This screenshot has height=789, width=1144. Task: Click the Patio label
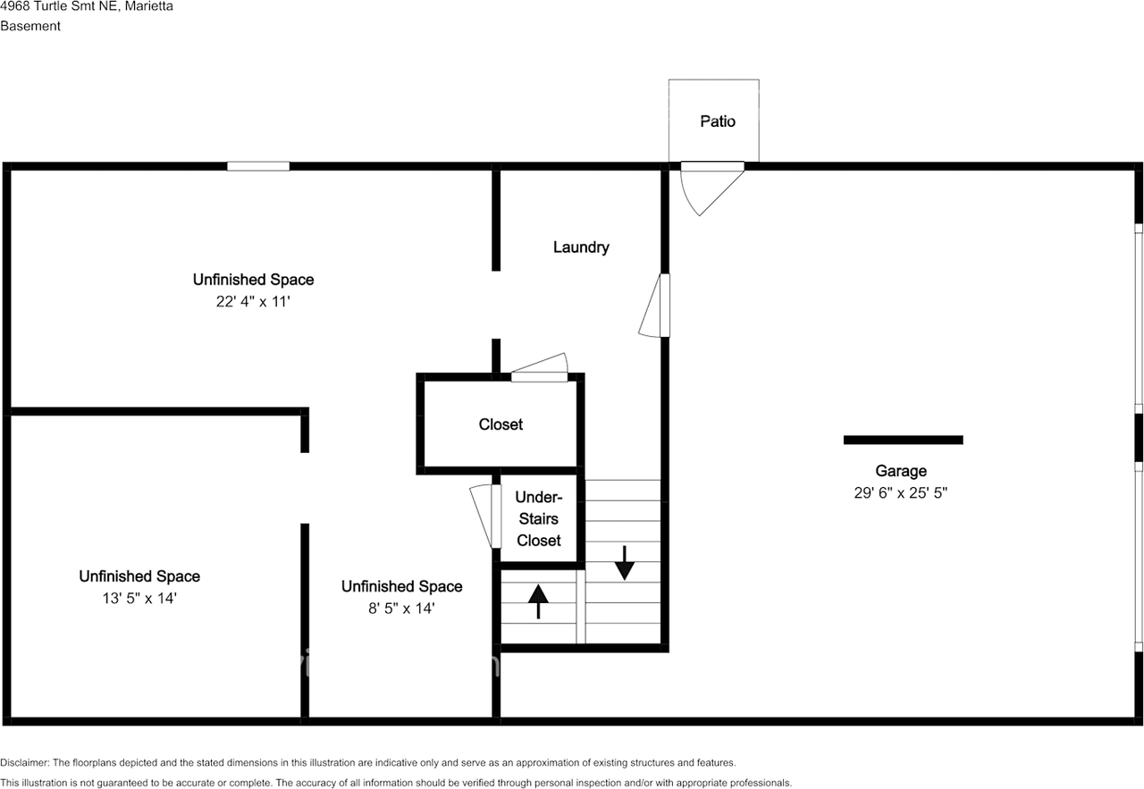click(x=718, y=122)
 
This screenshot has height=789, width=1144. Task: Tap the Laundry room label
click(x=581, y=248)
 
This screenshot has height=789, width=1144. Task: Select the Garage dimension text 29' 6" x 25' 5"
click(x=900, y=493)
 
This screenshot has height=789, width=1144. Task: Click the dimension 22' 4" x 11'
click(x=253, y=302)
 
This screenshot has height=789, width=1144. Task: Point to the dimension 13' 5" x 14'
click(x=139, y=598)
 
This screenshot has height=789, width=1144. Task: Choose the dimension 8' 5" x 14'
click(x=401, y=609)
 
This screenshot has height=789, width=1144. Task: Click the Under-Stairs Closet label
click(x=539, y=519)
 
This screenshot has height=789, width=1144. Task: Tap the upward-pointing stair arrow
click(x=538, y=601)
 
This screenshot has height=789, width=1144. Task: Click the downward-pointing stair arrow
click(x=624, y=563)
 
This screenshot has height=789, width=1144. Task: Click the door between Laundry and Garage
click(x=654, y=306)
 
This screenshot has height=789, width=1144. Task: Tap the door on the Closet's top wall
click(x=539, y=367)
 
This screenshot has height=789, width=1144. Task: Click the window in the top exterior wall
click(x=258, y=166)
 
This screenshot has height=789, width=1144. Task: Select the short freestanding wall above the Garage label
click(x=903, y=440)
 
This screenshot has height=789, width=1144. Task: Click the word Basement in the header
click(x=30, y=26)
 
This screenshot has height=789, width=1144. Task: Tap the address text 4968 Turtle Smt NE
click(x=59, y=6)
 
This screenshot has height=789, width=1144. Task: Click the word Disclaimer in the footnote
click(x=24, y=762)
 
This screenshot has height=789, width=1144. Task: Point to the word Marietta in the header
click(x=148, y=6)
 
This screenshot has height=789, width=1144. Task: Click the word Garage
click(x=900, y=472)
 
